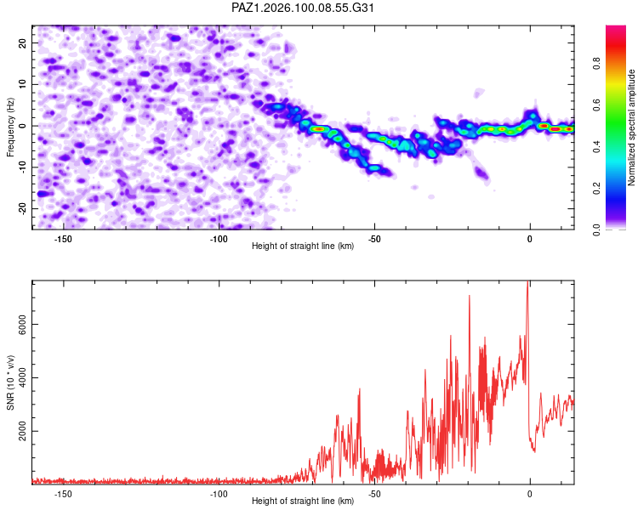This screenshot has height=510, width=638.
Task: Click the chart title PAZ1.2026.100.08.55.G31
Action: [302, 8]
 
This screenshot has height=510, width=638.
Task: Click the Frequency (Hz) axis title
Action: [10, 127]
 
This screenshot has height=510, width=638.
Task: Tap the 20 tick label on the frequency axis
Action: [22, 43]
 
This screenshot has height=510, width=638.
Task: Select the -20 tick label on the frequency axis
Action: [22, 208]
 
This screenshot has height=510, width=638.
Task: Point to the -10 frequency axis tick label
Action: [22, 167]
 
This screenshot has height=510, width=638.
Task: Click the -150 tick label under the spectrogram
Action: [63, 239]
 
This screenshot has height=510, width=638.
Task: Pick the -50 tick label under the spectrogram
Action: [374, 239]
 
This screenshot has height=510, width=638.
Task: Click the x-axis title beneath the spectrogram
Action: [303, 246]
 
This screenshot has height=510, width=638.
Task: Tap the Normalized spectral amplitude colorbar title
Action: [631, 127]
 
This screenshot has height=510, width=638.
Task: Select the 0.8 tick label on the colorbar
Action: [596, 64]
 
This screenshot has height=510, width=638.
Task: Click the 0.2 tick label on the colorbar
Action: [596, 189]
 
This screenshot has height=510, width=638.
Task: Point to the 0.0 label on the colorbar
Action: [596, 230]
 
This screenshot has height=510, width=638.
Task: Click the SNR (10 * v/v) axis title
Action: [10, 382]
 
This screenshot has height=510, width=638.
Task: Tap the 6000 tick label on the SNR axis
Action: [22, 324]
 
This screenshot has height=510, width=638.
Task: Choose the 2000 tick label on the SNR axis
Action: [22, 431]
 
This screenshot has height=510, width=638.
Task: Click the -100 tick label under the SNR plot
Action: [219, 494]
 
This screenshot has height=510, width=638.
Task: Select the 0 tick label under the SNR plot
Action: [530, 494]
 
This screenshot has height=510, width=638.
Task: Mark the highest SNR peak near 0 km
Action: [528, 281]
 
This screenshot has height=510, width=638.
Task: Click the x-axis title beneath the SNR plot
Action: [303, 501]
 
